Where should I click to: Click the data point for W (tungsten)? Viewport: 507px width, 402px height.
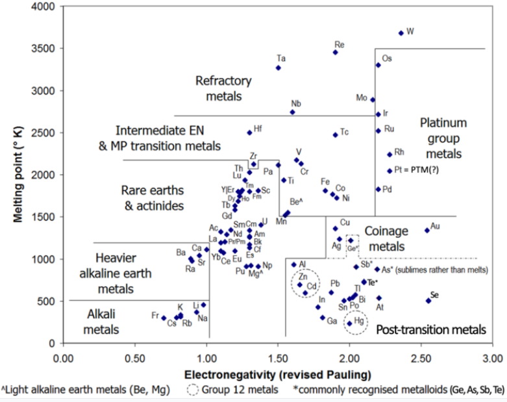point(401,32)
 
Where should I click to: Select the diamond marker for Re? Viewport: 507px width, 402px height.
point(335,53)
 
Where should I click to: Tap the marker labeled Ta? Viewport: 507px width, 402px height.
point(278,68)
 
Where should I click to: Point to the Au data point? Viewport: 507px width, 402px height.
point(427,230)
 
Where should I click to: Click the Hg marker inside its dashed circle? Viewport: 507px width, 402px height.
point(349,323)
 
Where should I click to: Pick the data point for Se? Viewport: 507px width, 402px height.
point(428,300)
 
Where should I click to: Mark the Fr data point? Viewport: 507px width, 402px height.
point(164,318)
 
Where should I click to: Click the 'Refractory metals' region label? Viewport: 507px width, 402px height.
point(223,88)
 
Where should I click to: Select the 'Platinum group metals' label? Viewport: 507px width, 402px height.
point(443,138)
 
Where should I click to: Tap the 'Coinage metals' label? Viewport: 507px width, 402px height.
point(393,238)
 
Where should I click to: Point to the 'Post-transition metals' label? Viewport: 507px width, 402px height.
point(431,330)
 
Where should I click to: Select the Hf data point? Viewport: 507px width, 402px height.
point(249,132)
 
